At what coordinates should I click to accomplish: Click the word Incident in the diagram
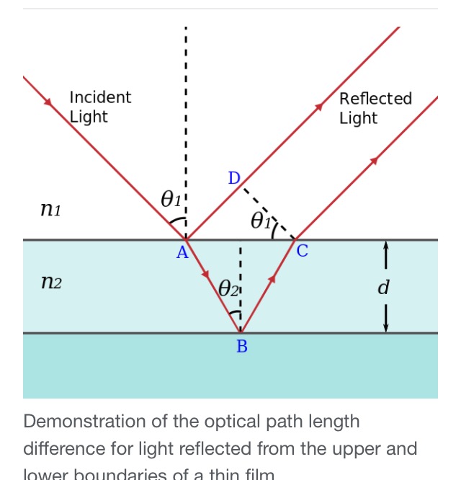pyautogui.click(x=100, y=97)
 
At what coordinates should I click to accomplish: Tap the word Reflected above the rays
pyautogui.click(x=375, y=99)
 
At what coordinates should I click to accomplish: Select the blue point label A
pyautogui.click(x=182, y=252)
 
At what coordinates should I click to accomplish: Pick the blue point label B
pyautogui.click(x=242, y=347)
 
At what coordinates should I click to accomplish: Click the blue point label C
pyautogui.click(x=302, y=252)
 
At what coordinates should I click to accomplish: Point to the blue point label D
pyautogui.click(x=233, y=178)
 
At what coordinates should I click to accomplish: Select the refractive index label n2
pyautogui.click(x=51, y=283)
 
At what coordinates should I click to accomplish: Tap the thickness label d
pyautogui.click(x=383, y=288)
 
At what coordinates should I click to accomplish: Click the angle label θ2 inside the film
pyautogui.click(x=228, y=289)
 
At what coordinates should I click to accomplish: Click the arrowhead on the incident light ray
pyautogui.click(x=49, y=102)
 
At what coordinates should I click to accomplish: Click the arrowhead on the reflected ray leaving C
pyautogui.click(x=373, y=161)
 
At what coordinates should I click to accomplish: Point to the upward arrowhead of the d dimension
pyautogui.click(x=386, y=246)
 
